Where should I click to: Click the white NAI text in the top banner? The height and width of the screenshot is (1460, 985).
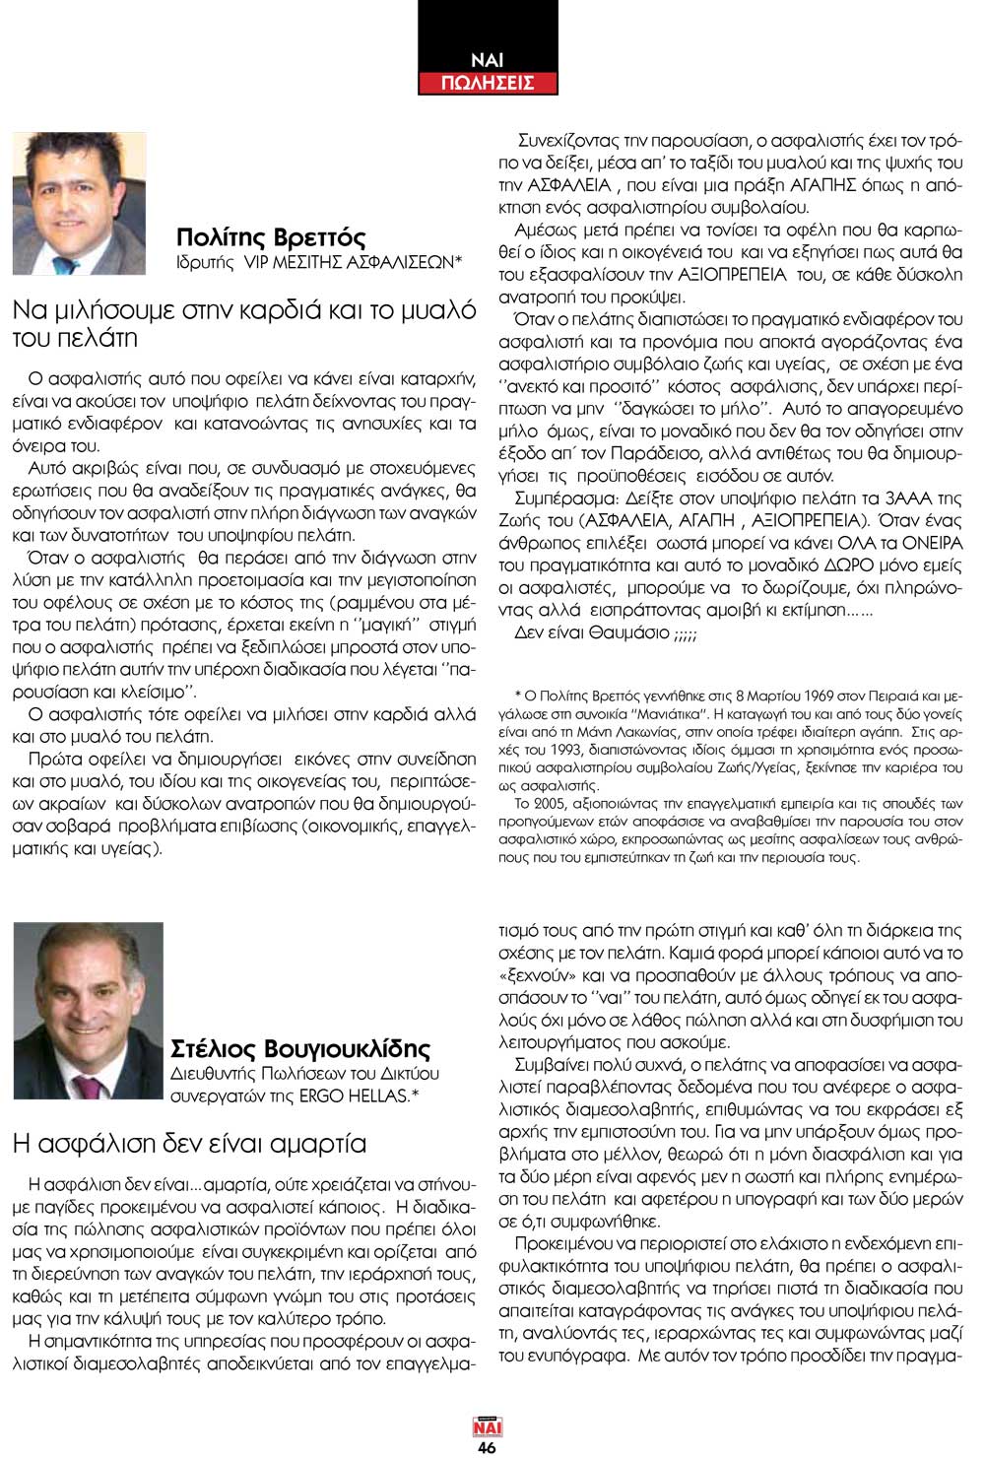(x=487, y=59)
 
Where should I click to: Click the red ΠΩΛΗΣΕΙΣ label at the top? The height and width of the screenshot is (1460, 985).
(x=488, y=83)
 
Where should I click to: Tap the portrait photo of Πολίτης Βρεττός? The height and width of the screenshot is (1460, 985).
(x=79, y=204)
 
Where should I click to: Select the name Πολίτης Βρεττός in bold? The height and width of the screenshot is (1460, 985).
(x=271, y=237)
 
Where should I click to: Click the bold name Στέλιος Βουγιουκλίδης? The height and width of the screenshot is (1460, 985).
(x=300, y=1047)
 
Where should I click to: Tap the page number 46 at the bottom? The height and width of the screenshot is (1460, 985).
(x=487, y=1447)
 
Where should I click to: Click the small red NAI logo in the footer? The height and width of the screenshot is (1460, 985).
(x=487, y=1426)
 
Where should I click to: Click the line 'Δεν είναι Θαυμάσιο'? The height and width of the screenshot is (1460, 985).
(x=606, y=632)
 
